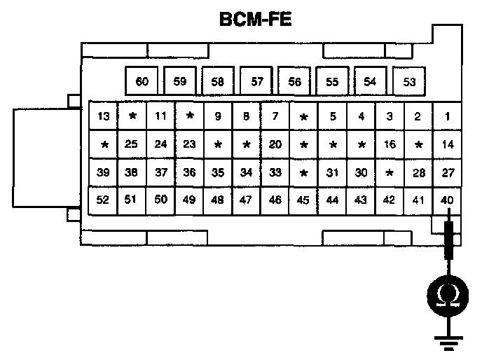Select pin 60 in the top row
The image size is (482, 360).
pyautogui.click(x=142, y=81)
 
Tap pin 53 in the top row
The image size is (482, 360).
pyautogui.click(x=410, y=81)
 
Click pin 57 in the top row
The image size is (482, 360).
pyautogui.click(x=257, y=81)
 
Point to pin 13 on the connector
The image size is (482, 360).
pyautogui.click(x=104, y=116)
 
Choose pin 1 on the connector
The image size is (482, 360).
pyautogui.click(x=447, y=116)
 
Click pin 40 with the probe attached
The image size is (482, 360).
pyautogui.click(x=447, y=200)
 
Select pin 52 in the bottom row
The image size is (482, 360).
pyautogui.click(x=104, y=200)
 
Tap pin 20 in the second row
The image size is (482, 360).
pyautogui.click(x=275, y=144)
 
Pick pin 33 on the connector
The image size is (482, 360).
pyautogui.click(x=275, y=172)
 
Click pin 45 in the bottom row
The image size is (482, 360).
pyautogui.click(x=303, y=200)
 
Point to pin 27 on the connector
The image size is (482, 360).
pyautogui.click(x=447, y=172)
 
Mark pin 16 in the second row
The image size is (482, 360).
pyautogui.click(x=390, y=144)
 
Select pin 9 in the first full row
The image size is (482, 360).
pyautogui.click(x=218, y=116)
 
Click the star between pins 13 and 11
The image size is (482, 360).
pyautogui.click(x=132, y=116)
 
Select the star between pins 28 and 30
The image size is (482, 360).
pyautogui.click(x=390, y=172)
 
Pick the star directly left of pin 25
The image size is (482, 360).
pyautogui.click(x=104, y=144)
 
